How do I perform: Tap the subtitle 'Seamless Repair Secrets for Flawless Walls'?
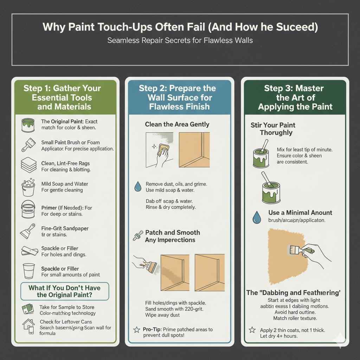point(180,40)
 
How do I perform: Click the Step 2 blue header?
point(179,97)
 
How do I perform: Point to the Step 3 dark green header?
point(295,97)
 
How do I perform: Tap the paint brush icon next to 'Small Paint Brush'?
point(28,144)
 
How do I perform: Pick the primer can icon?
point(28,209)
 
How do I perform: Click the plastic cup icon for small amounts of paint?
point(28,271)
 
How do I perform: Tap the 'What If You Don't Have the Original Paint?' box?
point(64,291)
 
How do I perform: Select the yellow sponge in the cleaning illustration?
point(163,150)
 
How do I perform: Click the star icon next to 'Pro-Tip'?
point(136,330)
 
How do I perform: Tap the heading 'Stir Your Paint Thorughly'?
point(273,129)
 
